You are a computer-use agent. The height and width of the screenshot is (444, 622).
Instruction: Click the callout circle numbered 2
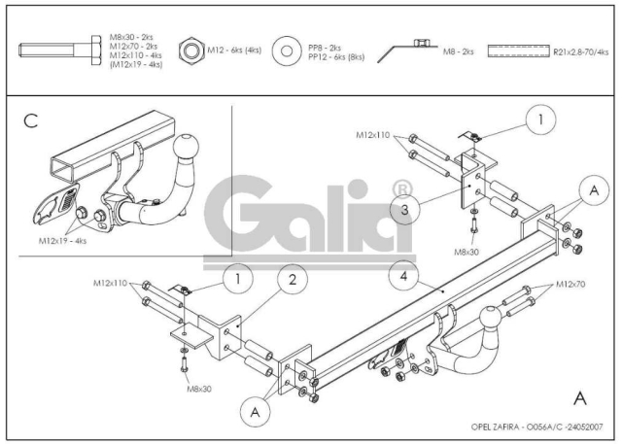coord(293,280)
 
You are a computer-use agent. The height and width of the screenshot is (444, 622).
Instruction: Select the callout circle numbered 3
coord(404,210)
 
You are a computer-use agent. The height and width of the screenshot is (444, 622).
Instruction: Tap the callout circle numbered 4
coord(404,276)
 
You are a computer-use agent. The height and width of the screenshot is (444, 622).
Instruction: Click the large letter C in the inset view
coord(31,120)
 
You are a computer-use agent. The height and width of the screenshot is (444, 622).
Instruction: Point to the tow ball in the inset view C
coord(186,146)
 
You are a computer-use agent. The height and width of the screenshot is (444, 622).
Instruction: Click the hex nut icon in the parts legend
coord(191,51)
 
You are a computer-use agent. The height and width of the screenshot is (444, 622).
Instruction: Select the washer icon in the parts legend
coord(287,51)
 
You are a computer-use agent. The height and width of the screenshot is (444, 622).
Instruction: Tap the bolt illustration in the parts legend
coord(60,51)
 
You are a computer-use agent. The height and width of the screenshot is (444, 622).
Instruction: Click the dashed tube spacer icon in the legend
coord(518,51)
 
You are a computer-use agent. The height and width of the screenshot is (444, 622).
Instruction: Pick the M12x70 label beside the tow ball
coord(570,285)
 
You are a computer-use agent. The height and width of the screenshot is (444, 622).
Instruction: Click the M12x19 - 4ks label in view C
coord(62,241)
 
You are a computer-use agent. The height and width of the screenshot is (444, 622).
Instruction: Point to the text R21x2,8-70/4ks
coord(581,51)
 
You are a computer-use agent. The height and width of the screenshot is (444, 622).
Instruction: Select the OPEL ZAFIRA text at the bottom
coord(496,427)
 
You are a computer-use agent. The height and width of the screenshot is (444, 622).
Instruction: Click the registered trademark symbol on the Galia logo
coord(402,190)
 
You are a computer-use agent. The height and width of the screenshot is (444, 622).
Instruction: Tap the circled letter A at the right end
coord(594,190)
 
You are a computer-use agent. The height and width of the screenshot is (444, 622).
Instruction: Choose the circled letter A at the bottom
coord(255,412)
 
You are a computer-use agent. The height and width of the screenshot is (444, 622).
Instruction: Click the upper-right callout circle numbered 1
coord(540,120)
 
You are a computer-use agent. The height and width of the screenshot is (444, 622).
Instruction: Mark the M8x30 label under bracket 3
coord(466,252)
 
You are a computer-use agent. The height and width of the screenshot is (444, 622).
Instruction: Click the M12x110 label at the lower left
coord(110,283)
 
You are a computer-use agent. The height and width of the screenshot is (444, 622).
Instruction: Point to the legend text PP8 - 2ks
coord(325,48)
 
